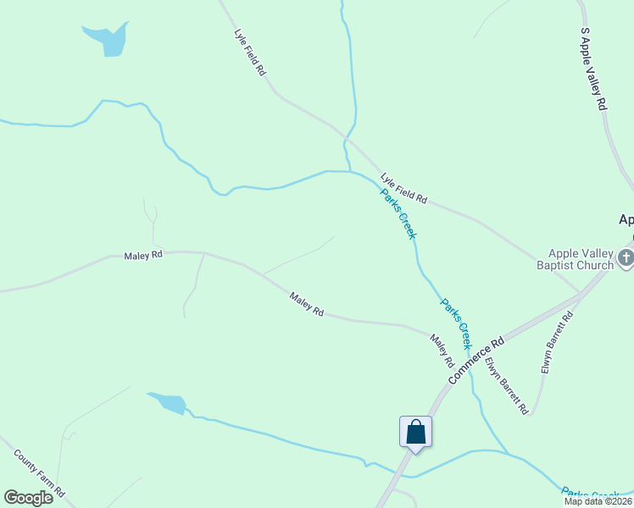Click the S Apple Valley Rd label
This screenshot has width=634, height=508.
point(593,68)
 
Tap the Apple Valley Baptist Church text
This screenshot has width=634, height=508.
point(581,259)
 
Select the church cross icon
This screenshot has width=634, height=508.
point(626,257)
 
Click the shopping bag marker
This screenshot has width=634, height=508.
point(415,432)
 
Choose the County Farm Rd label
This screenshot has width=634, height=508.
point(40,472)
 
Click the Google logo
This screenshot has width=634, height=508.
point(28,498)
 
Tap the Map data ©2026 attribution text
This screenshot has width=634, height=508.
point(597,500)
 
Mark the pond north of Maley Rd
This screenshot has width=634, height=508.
point(108,39)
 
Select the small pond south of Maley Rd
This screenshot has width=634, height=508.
point(168,404)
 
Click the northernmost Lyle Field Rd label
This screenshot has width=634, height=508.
point(250,53)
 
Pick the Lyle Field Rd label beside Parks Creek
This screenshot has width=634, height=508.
point(403,189)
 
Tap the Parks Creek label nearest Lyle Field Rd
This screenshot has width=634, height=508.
point(398,213)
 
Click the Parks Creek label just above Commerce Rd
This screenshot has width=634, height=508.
point(454,323)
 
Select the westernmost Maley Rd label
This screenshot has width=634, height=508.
point(142,255)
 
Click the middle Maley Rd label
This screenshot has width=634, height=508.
point(306,305)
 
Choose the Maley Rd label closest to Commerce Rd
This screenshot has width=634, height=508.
point(442,351)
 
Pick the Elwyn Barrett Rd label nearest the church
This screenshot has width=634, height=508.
point(558,343)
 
